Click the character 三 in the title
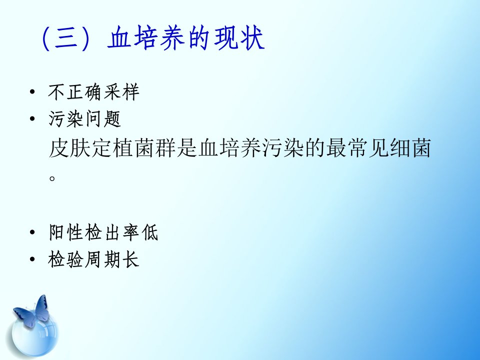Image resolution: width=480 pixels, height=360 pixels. click(x=66, y=38)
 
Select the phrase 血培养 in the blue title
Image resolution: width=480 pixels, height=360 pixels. click(x=146, y=38)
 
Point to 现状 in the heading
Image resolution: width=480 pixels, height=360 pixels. click(x=239, y=38)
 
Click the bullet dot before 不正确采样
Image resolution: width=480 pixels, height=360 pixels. click(x=32, y=92)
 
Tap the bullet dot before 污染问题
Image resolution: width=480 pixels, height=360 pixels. click(x=32, y=119)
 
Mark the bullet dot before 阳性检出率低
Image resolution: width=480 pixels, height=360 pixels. click(x=32, y=232)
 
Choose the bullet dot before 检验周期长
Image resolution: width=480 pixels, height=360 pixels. click(x=32, y=259)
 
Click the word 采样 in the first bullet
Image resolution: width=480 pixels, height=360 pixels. click(x=121, y=92)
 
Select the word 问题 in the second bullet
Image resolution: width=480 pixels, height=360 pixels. click(x=103, y=119)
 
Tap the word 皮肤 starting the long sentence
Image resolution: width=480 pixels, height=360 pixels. click(x=69, y=148)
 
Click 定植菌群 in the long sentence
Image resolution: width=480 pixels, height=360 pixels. click(x=133, y=148)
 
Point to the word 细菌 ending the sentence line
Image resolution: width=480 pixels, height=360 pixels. click(x=410, y=148)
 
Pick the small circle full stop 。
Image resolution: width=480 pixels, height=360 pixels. click(x=52, y=178)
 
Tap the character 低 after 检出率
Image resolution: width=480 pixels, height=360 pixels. click(x=149, y=232)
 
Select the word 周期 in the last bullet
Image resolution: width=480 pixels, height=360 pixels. click(x=103, y=259)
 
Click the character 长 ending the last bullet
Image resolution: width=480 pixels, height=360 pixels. click(x=130, y=259)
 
